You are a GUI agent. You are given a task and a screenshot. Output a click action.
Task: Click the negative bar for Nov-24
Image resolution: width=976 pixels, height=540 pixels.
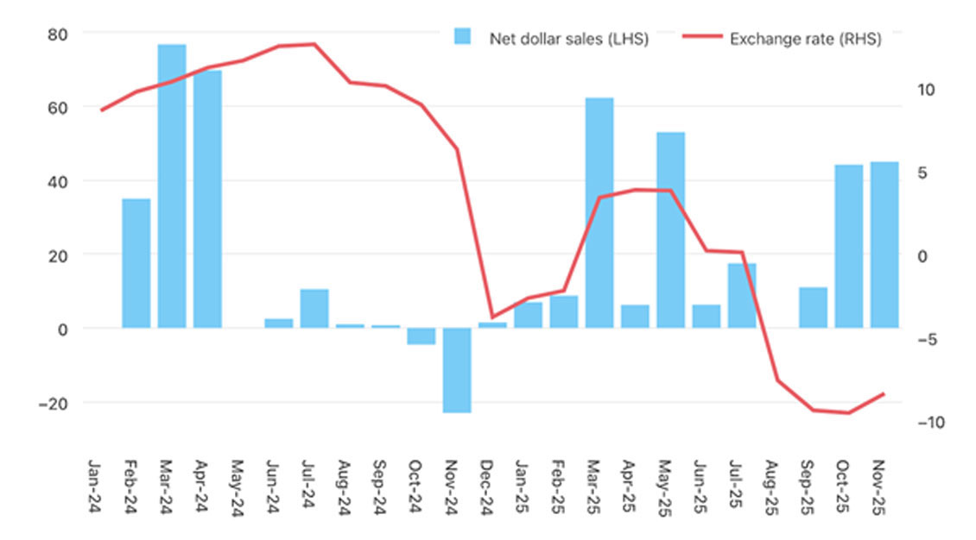[x=457, y=370]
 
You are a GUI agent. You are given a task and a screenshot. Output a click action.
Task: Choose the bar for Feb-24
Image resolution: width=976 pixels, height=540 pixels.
[x=136, y=263]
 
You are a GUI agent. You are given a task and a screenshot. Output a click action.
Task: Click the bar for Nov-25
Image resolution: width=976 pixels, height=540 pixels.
[x=884, y=244]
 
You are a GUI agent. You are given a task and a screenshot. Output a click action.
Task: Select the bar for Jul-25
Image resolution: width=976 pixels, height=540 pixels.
[x=742, y=295]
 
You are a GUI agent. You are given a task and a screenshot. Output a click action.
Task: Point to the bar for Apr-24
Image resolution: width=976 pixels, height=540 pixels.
[x=207, y=198]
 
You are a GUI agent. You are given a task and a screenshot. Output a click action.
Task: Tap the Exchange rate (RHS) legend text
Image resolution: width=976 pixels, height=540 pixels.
[x=805, y=39]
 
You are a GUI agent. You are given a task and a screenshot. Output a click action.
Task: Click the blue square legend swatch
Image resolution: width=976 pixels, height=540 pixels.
[x=464, y=37]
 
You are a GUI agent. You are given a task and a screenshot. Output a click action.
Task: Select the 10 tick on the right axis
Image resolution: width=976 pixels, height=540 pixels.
[x=925, y=90]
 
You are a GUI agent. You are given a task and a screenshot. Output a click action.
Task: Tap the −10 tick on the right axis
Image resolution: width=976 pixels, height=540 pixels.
[x=921, y=422]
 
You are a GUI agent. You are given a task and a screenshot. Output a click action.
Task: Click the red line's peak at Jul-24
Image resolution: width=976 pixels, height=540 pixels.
[x=314, y=44]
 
